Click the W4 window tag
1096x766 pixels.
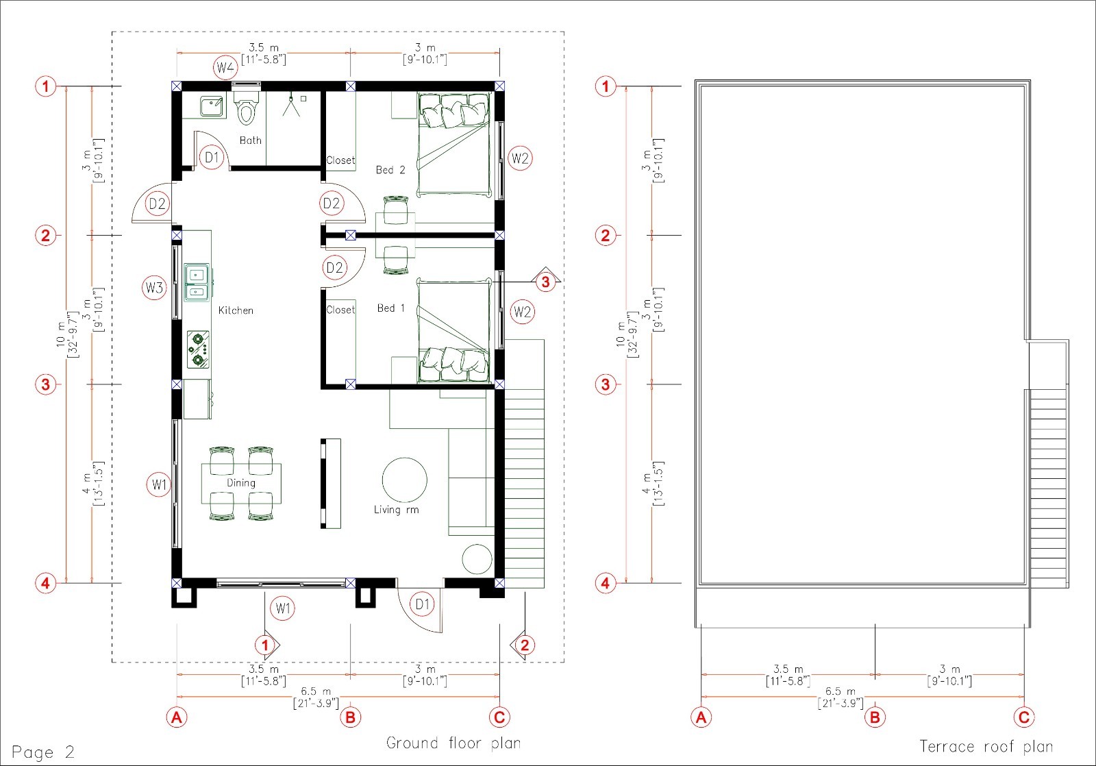[225, 68]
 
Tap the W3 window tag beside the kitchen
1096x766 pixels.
[154, 287]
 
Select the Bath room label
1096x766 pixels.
[251, 140]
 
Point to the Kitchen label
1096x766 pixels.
[236, 310]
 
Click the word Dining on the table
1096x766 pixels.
[240, 482]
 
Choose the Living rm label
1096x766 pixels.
[397, 510]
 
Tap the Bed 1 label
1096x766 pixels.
[391, 308]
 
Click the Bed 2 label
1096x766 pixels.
[390, 170]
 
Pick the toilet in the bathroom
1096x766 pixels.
[246, 105]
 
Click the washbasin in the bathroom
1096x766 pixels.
[212, 106]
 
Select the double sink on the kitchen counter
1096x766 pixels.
[197, 282]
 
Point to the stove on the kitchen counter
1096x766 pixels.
[198, 349]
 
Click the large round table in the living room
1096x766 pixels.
[404, 480]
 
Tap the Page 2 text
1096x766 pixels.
[43, 752]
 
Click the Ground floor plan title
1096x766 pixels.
[453, 743]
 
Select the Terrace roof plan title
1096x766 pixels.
[986, 746]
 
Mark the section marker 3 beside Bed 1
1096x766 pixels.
[545, 282]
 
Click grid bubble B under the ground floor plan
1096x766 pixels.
[350, 717]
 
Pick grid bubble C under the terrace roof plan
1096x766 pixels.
[1024, 717]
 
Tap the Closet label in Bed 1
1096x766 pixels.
[340, 310]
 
